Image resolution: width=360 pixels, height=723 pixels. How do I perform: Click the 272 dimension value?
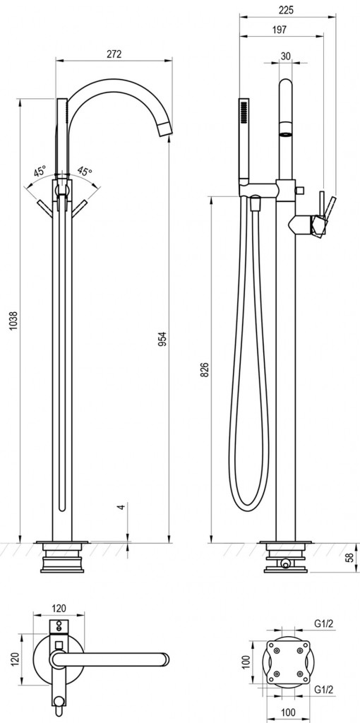point(114,54)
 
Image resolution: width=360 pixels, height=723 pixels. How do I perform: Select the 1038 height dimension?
point(13,321)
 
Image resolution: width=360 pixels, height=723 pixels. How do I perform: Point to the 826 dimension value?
point(205,370)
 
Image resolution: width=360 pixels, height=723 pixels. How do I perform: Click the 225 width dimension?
point(287,10)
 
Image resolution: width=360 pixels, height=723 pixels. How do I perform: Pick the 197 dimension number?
point(280,30)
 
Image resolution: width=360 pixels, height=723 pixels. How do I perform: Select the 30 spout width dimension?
point(285,56)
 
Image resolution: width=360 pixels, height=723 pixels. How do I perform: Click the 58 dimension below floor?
point(351,556)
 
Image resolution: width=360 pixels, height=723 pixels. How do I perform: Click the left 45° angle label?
point(40,172)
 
